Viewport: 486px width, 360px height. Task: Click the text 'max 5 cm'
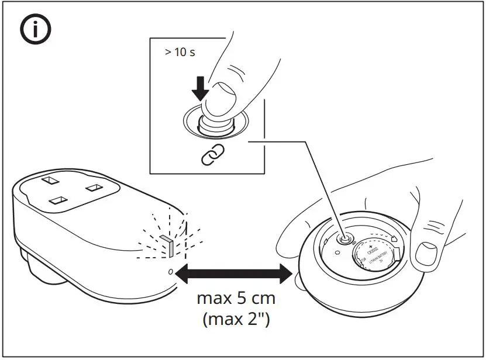point(236,300)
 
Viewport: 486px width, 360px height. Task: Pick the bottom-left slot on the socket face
point(57,200)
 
